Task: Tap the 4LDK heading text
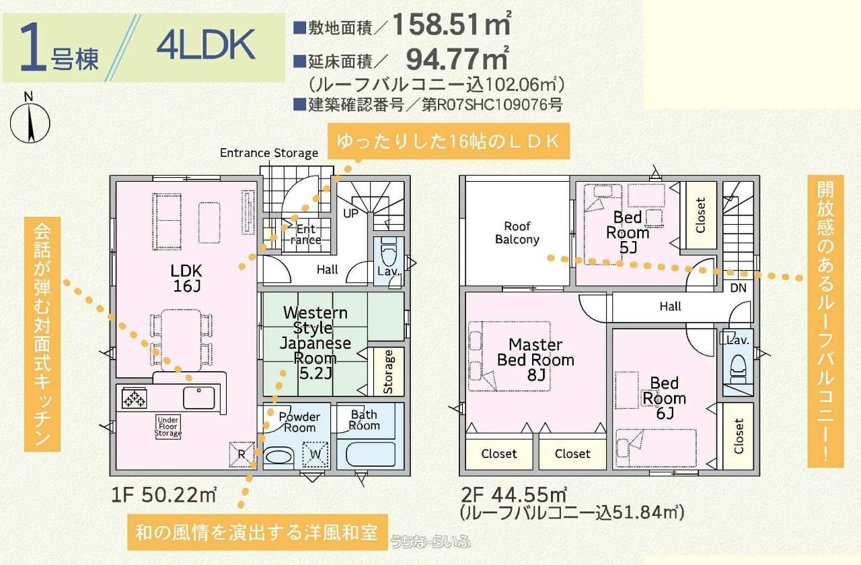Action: (207, 45)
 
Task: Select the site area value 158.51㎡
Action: (452, 24)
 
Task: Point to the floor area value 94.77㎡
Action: (458, 58)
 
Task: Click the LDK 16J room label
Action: (186, 279)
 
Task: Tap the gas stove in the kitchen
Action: (134, 399)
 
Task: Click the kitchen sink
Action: (198, 397)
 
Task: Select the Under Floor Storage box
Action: (168, 426)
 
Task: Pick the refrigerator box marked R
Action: (241, 455)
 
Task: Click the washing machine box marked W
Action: (315, 454)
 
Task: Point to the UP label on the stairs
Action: (350, 213)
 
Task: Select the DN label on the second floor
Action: (738, 288)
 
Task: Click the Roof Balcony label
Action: (517, 233)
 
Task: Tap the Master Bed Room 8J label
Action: (536, 360)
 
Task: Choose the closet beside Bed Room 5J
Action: (701, 215)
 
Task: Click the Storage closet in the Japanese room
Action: (388, 372)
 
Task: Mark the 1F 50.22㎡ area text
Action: (164, 495)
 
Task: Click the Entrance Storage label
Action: (269, 153)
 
